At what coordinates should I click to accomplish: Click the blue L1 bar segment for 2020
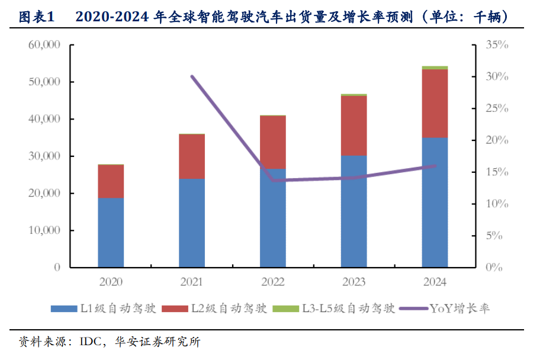point(111,233)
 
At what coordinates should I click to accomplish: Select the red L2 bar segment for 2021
point(192,156)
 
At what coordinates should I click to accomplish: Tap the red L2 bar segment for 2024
point(435,104)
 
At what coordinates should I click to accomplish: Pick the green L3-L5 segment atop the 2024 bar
point(435,68)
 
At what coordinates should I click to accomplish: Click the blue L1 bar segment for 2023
point(354,211)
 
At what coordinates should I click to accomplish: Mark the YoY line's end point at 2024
point(435,166)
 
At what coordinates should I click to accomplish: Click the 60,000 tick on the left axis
point(44,44)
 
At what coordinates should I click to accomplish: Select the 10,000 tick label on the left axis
point(44,230)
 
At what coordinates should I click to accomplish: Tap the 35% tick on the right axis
point(497,44)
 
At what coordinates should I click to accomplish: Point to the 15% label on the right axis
point(497,172)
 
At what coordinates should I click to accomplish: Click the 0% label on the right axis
point(494,267)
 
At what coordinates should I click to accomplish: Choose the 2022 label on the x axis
point(273,282)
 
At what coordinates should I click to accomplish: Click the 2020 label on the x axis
point(111,282)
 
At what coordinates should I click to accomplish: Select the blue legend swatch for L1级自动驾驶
point(64,308)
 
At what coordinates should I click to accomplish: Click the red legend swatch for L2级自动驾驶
point(175,308)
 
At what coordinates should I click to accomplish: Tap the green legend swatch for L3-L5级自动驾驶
point(285,308)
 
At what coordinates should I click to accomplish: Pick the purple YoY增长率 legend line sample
point(413,308)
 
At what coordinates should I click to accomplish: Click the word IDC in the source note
point(91,342)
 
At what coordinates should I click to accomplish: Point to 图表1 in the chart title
point(37,17)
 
